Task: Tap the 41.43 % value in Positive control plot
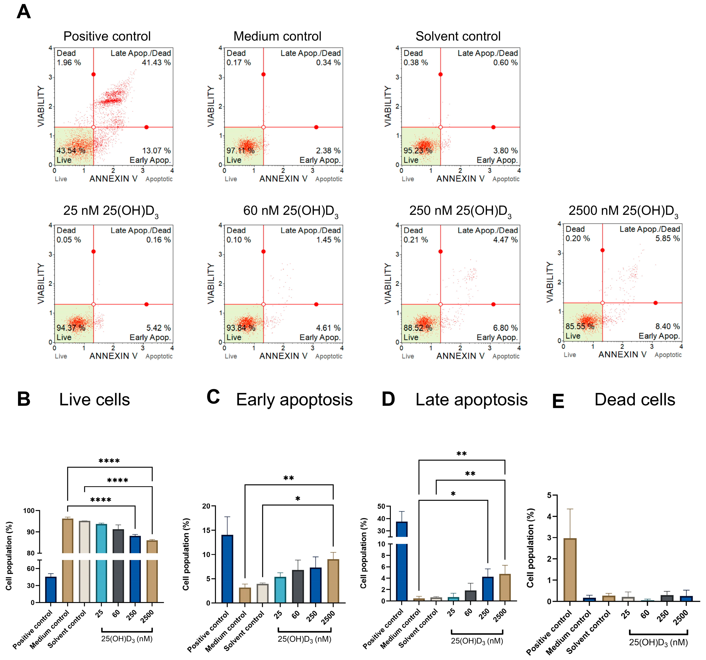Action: [x=156, y=63]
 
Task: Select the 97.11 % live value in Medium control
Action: [x=241, y=151]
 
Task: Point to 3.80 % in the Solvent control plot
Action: [x=505, y=151]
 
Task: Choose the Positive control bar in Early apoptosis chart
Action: [x=227, y=569]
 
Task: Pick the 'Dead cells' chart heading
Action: [x=635, y=399]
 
